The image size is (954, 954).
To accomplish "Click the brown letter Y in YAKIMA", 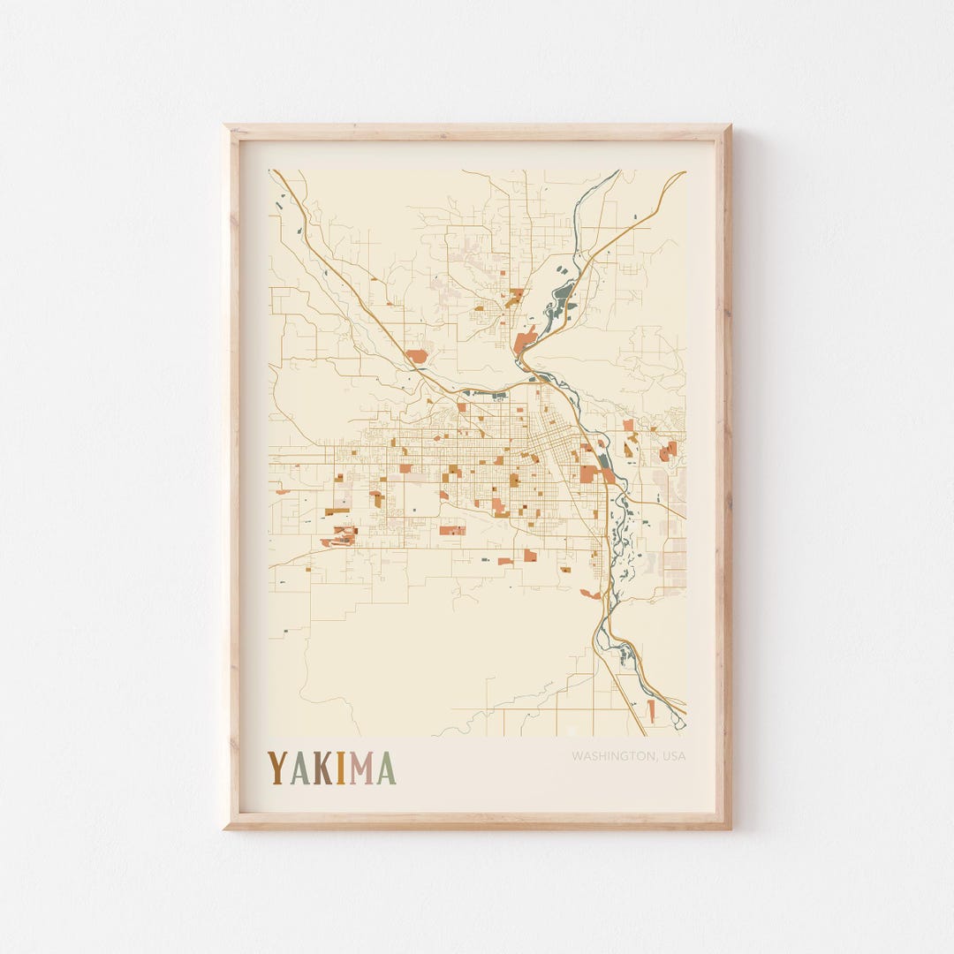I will click(x=277, y=768).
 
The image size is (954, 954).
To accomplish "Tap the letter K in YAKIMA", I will click(x=322, y=768).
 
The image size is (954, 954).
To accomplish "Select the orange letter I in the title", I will click(x=340, y=768).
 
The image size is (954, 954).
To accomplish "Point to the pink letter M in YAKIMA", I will click(x=361, y=768).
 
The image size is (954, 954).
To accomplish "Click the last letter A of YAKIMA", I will click(x=386, y=768).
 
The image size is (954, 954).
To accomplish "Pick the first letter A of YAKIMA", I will click(x=299, y=768).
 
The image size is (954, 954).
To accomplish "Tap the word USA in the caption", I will click(x=673, y=756).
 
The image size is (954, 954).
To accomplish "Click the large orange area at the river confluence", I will click(x=525, y=340).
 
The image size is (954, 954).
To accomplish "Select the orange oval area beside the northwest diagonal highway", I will click(x=416, y=356).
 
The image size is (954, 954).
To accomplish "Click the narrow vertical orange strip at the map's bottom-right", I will click(x=652, y=710).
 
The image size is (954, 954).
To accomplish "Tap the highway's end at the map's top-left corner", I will click(x=273, y=171).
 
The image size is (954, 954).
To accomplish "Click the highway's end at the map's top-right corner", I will click(x=684, y=172).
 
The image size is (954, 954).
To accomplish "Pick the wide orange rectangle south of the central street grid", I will click(x=452, y=530).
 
